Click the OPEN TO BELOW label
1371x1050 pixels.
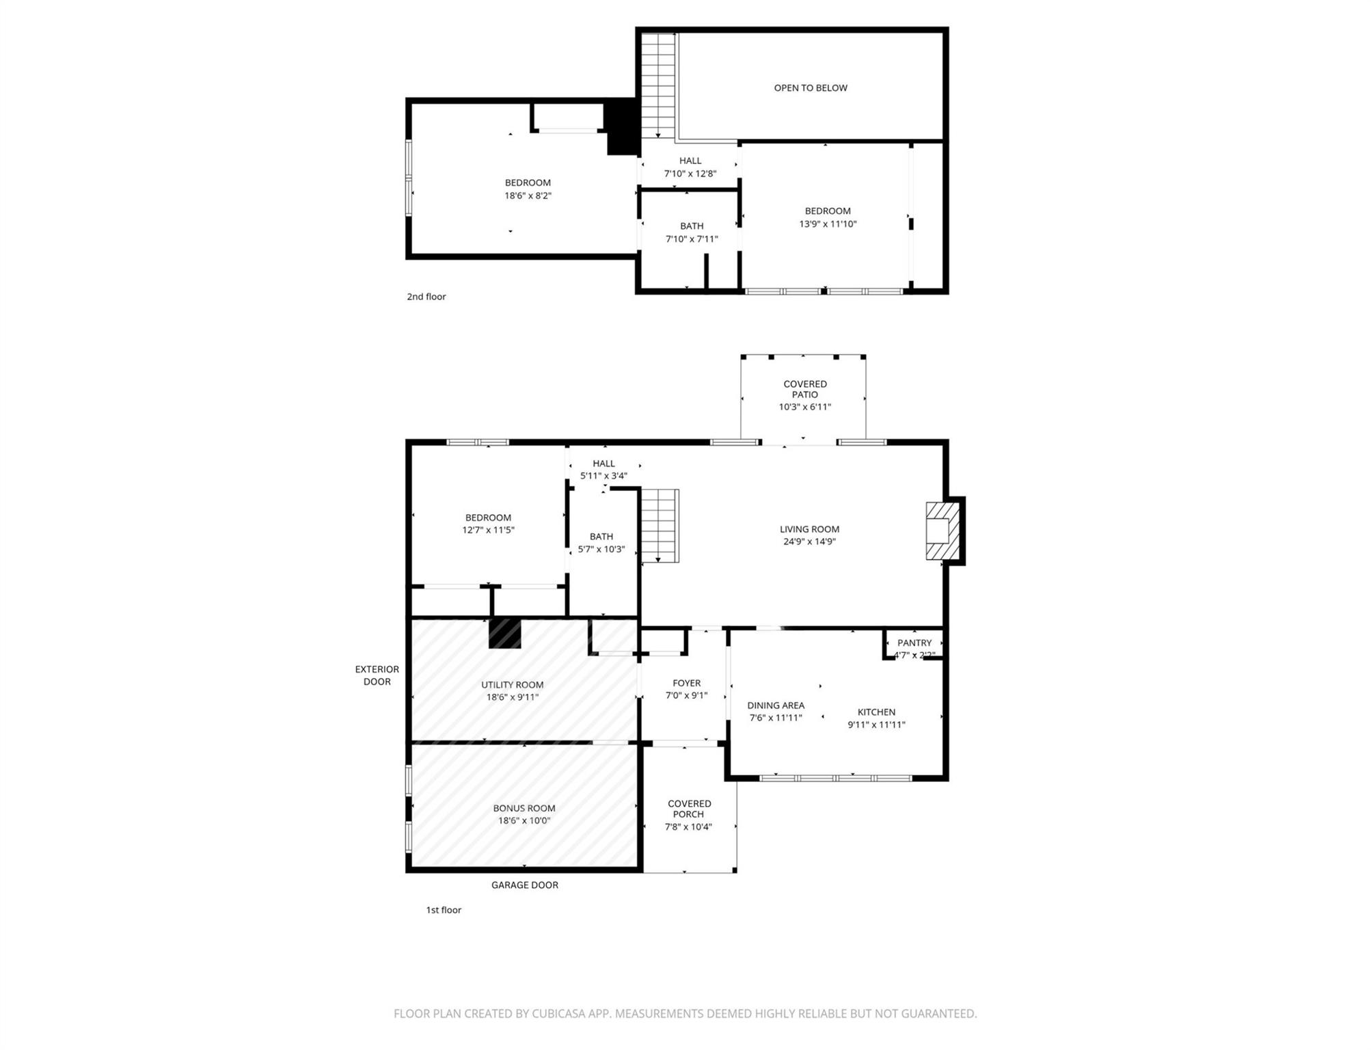(x=810, y=87)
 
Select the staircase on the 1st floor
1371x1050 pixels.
(x=659, y=525)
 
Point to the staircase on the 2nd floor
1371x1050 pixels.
(x=657, y=85)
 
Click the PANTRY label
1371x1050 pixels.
(x=914, y=643)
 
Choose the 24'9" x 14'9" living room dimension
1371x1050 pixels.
(x=809, y=541)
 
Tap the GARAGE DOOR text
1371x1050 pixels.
(x=524, y=885)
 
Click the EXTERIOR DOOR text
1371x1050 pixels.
(x=377, y=675)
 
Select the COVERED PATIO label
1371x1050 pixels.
(x=804, y=389)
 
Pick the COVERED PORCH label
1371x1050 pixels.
(x=689, y=809)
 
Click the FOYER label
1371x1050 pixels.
(x=686, y=683)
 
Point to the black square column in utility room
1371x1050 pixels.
(x=504, y=633)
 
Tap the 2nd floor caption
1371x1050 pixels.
(x=426, y=297)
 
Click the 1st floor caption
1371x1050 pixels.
(x=444, y=910)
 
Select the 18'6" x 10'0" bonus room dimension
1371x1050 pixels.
(x=524, y=820)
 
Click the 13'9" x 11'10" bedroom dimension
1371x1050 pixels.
(x=827, y=224)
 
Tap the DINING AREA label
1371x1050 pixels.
(x=775, y=705)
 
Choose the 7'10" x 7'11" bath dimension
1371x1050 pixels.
(x=691, y=239)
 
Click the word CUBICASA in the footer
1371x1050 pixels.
(x=559, y=1014)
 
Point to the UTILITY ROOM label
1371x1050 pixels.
(x=512, y=685)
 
